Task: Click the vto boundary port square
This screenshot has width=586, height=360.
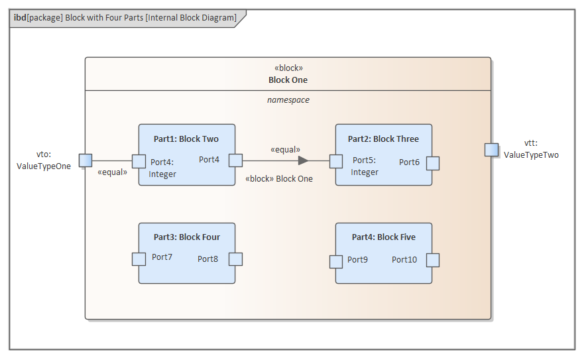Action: click(86, 160)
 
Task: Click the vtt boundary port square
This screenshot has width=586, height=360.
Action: click(491, 149)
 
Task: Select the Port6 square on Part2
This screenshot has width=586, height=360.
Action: click(433, 163)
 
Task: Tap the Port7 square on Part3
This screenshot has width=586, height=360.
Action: click(139, 259)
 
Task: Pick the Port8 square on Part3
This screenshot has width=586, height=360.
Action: click(235, 259)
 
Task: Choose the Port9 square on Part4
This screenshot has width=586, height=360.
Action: click(336, 261)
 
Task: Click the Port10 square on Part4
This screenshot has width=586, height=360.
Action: click(433, 260)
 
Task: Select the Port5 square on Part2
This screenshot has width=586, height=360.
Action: click(336, 161)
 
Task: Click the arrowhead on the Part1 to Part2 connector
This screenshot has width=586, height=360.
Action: click(303, 160)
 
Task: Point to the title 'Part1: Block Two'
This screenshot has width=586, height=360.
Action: click(186, 139)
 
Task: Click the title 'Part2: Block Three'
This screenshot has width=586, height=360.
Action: click(383, 139)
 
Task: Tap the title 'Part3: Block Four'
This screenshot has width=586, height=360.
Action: click(186, 237)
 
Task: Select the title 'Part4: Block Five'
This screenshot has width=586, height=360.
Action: click(383, 237)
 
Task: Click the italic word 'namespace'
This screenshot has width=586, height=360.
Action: click(288, 100)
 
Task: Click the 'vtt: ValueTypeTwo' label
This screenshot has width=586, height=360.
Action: click(531, 149)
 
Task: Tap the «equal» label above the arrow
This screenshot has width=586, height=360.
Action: click(285, 150)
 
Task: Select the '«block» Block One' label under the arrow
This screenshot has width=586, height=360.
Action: click(278, 178)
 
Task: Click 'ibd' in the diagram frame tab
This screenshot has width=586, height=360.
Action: click(19, 18)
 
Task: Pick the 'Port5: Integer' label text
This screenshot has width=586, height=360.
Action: click(365, 166)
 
